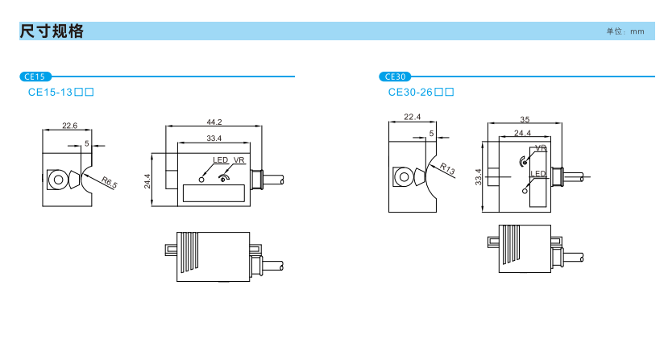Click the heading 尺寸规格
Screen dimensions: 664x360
[52, 31]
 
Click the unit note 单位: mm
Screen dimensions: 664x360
[625, 31]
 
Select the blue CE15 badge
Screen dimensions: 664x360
[35, 77]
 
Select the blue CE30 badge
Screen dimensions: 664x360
[395, 77]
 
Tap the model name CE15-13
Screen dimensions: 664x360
[51, 93]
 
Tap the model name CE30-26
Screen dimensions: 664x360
[410, 93]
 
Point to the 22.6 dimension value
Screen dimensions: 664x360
[70, 126]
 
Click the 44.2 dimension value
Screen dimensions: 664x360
[214, 122]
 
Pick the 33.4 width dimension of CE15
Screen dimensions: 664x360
[214, 139]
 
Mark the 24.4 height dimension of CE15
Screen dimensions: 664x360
[147, 181]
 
